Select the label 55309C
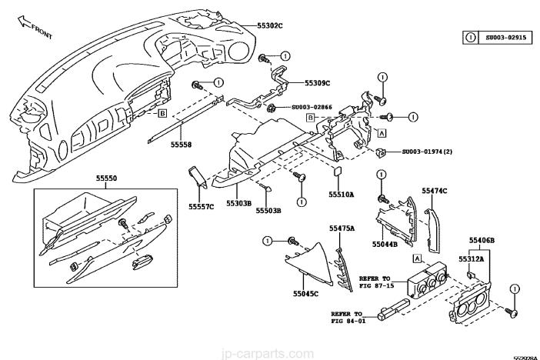point(317,83)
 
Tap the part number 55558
point(181,144)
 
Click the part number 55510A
point(341,195)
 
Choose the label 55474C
point(435,189)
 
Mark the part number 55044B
point(385,244)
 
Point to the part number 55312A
point(471,258)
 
